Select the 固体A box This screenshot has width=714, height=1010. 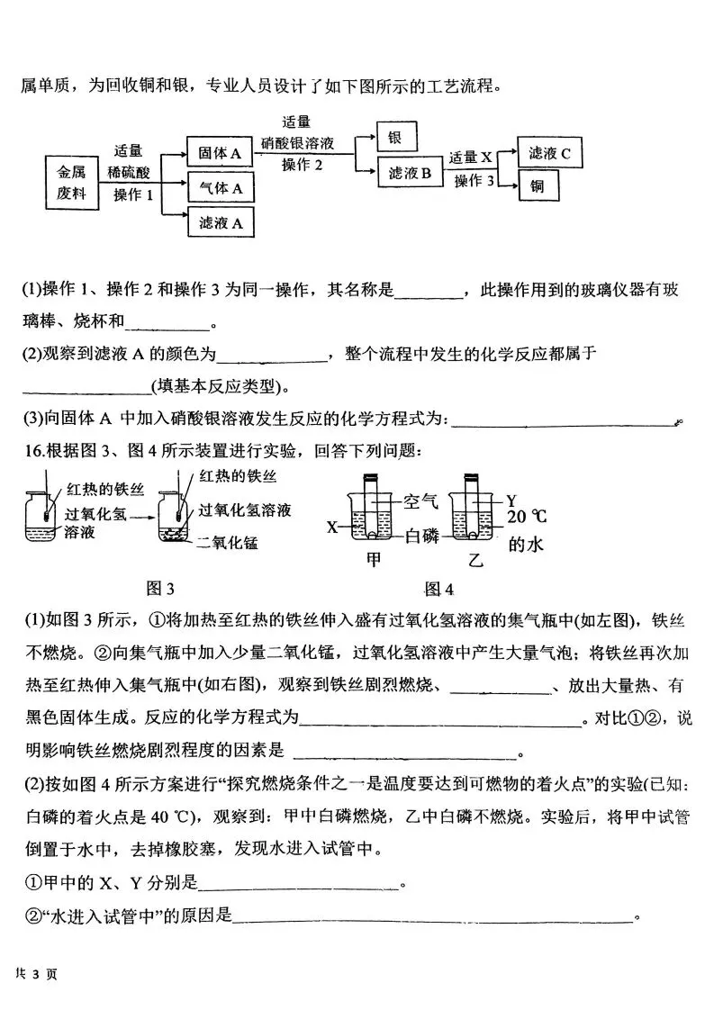tap(220, 154)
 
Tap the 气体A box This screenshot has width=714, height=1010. tap(220, 188)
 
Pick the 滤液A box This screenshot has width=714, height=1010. tap(220, 223)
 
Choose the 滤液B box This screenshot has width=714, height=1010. tap(410, 174)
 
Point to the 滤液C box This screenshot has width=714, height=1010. tap(549, 153)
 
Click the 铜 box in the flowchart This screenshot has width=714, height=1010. tap(537, 186)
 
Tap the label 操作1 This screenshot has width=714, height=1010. tap(133, 194)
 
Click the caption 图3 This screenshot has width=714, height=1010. tap(159, 589)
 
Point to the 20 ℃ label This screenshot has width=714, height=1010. tap(528, 517)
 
